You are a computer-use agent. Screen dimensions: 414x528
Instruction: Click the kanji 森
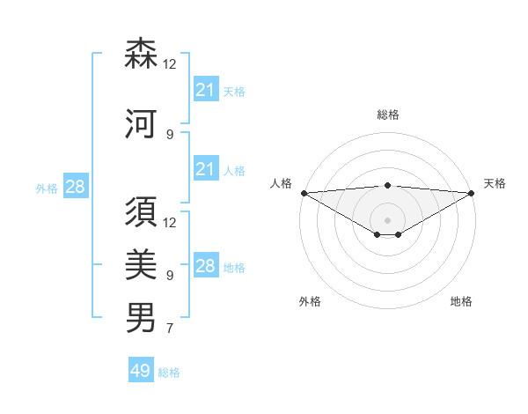[142, 54]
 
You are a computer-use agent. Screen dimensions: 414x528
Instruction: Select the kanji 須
[142, 212]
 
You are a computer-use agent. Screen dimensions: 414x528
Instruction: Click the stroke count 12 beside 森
[170, 65]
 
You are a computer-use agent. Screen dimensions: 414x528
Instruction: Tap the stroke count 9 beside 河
[170, 135]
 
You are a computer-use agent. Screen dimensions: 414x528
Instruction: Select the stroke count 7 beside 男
[170, 329]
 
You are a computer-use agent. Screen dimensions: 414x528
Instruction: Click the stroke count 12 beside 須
[170, 223]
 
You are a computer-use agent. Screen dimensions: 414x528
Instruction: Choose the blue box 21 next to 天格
[205, 90]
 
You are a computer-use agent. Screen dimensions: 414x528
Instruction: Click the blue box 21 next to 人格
[205, 170]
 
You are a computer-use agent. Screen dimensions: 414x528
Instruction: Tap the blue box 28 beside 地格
[205, 266]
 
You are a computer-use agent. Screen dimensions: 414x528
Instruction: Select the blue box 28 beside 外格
[75, 187]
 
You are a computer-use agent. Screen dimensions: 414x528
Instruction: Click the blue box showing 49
[141, 371]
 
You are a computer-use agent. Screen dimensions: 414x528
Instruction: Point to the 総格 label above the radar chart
[387, 115]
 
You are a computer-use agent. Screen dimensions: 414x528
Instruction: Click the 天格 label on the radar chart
[495, 183]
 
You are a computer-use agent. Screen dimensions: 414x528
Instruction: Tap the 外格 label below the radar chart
[310, 301]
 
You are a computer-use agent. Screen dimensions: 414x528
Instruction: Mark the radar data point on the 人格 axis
[304, 193]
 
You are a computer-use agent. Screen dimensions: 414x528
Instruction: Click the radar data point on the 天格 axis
[471, 193]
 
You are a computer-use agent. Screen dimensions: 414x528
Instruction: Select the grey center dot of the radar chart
[387, 219]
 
